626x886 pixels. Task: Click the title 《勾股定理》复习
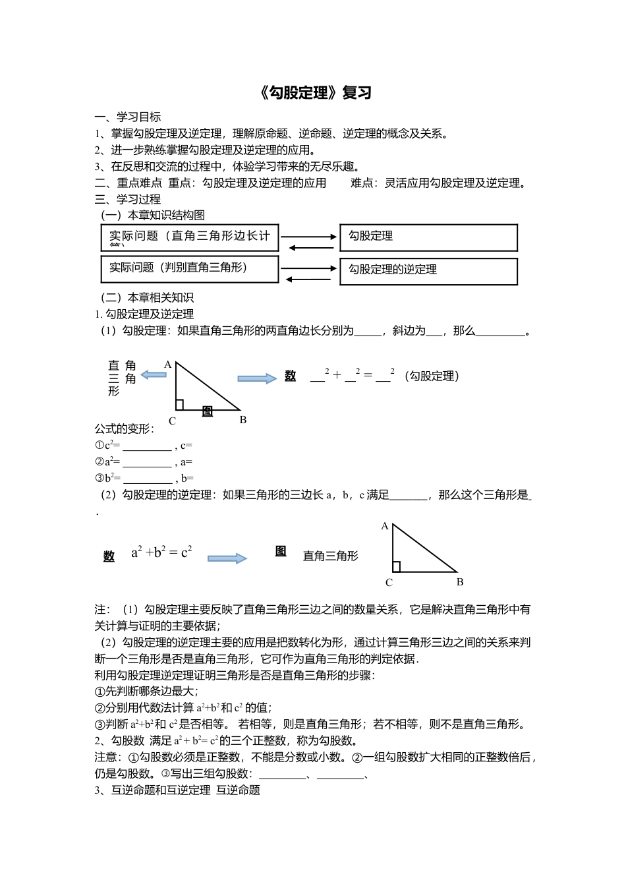point(316,93)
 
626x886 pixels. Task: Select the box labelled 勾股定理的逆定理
point(428,271)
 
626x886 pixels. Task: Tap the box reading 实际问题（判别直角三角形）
point(190,269)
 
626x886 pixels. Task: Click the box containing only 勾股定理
point(428,237)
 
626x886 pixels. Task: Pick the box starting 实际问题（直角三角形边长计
point(190,237)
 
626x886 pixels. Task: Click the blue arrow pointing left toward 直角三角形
point(154,374)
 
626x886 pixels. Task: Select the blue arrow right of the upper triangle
point(257,378)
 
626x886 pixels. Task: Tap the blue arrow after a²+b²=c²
point(227,558)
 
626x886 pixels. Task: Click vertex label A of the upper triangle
point(168,365)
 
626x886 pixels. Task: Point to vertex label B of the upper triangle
point(243,420)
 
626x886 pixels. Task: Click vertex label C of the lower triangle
point(389,583)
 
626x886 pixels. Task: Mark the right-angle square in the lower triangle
point(396,567)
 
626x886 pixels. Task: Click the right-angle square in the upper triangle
point(179,405)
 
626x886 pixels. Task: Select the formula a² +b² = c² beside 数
point(161,552)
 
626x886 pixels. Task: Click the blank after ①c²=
point(146,446)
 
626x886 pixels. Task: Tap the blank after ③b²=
point(148,479)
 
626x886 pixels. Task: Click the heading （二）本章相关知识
point(147,298)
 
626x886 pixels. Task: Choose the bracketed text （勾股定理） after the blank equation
point(432,376)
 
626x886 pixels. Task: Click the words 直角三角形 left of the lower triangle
point(331,556)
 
